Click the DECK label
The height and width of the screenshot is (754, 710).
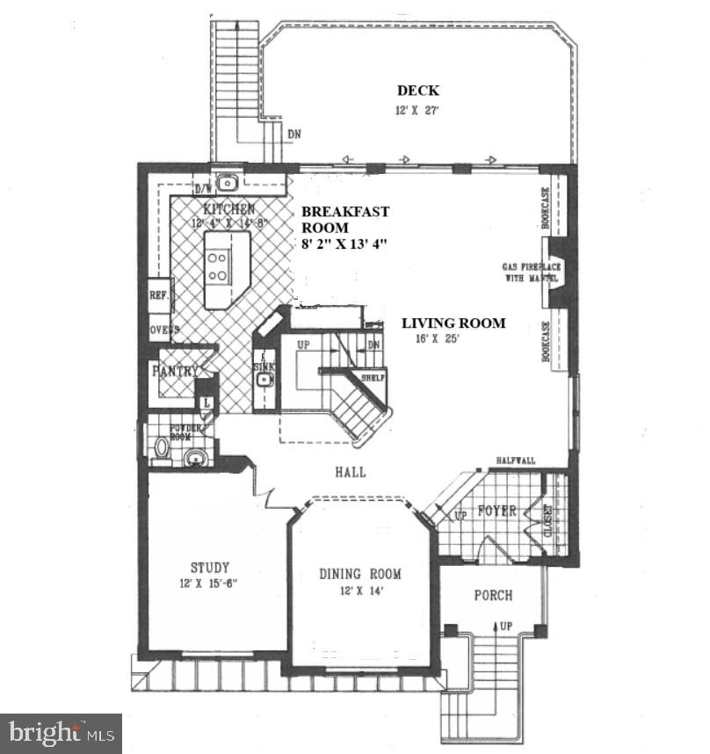pos(417,91)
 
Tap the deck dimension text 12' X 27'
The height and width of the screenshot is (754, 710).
pos(417,111)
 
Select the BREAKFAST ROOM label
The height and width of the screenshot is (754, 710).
pos(344,220)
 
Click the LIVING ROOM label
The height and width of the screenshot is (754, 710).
pos(453,323)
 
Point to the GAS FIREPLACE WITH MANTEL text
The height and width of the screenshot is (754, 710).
pos(532,272)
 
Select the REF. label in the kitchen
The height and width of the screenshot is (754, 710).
pos(158,295)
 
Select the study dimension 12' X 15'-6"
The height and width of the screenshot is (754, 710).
pos(210,584)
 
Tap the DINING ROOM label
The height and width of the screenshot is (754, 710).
pos(360,574)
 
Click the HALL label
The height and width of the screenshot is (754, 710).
pos(350,472)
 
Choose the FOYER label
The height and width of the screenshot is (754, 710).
pos(496,511)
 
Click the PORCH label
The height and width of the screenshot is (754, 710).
pos(493,595)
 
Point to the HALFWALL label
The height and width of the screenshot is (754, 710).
pos(516,460)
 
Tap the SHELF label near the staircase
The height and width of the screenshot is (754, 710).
pos(373,378)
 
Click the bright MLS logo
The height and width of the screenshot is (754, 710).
pos(61,733)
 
